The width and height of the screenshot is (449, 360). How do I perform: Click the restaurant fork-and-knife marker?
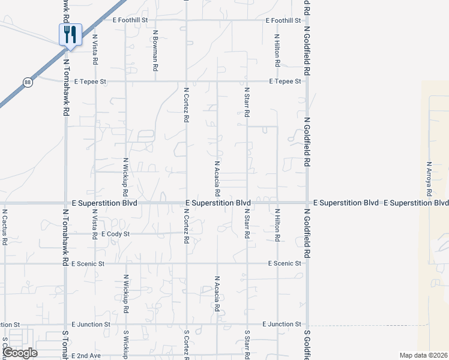(x=70, y=35)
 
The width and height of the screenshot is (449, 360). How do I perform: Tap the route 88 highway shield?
(x=28, y=83)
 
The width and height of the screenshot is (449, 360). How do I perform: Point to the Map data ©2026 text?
(x=423, y=355)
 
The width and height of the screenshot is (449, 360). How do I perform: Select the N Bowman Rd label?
(x=155, y=51)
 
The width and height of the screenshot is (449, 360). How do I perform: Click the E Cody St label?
(x=116, y=233)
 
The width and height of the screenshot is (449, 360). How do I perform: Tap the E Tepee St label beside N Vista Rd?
(x=90, y=81)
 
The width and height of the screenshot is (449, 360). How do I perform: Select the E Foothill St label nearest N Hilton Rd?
(x=284, y=20)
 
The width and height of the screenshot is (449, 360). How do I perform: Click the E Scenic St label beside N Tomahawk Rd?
(x=88, y=263)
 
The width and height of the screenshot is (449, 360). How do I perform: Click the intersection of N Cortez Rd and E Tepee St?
(x=186, y=81)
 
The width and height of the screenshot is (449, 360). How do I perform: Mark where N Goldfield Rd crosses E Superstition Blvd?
(x=307, y=203)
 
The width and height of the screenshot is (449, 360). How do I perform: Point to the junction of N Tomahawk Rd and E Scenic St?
(x=65, y=263)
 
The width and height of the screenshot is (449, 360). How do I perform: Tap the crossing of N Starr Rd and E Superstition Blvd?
(x=247, y=203)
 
